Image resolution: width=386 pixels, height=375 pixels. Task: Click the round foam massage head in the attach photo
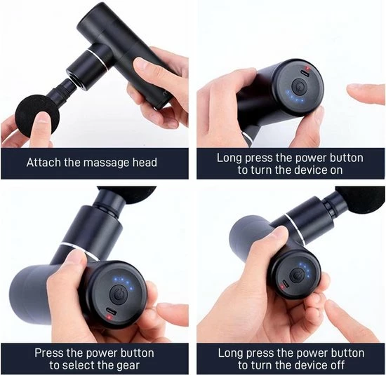coord(37,116)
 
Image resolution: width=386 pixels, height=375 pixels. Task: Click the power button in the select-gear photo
coord(119,295)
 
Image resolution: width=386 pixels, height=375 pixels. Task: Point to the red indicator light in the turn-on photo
coord(307,68)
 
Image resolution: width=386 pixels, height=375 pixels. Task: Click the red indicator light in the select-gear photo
coord(109,318)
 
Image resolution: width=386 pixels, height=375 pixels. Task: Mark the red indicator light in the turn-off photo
coord(282,286)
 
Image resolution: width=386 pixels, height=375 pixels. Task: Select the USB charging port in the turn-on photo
coord(306,74)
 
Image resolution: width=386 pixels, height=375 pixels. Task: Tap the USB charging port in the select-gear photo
coord(112,311)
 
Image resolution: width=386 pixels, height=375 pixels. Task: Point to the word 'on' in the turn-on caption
coord(336,170)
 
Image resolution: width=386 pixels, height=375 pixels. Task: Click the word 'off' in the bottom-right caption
coord(336,364)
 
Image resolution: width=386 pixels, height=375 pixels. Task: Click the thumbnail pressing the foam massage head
coord(44,118)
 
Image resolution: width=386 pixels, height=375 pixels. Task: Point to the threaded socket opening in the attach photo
coord(74,79)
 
